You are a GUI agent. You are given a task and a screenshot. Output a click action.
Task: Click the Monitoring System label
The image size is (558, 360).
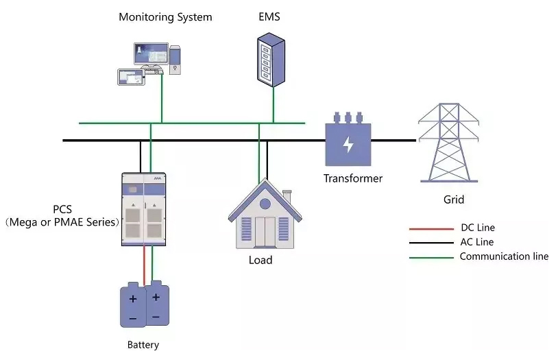click(x=165, y=16)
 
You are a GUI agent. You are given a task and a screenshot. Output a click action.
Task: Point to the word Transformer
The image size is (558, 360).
click(x=353, y=178)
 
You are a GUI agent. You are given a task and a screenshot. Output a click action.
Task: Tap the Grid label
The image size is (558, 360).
click(x=453, y=200)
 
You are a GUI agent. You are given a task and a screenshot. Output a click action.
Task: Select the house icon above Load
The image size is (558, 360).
click(x=260, y=216)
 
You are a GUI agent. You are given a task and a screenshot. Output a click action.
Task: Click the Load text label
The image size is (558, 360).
click(x=260, y=260)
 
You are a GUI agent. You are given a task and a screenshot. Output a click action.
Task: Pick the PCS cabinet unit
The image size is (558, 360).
click(x=144, y=208)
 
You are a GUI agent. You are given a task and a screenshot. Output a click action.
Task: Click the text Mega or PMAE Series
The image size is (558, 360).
click(x=62, y=222)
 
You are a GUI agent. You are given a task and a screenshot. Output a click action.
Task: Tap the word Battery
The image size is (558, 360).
click(x=143, y=345)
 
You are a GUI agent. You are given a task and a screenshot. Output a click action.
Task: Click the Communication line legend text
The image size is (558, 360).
click(x=504, y=256)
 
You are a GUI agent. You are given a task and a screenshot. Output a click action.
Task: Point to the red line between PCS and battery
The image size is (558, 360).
click(x=143, y=264)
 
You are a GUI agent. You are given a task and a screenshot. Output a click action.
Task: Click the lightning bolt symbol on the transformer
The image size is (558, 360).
click(x=348, y=144)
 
